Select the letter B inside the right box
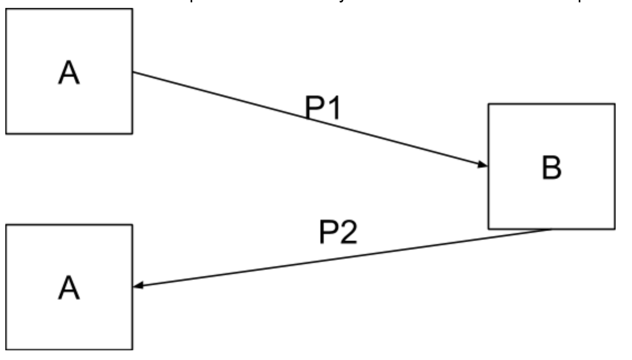[x=551, y=167]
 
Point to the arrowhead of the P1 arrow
[x=483, y=165]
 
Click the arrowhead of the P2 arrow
[x=137, y=286]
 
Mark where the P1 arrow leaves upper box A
[x=133, y=72]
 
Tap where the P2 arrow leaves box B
[x=551, y=229]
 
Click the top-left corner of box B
[x=489, y=104]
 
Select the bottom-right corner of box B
[x=614, y=229]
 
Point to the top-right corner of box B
[x=614, y=104]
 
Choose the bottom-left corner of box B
[x=489, y=229]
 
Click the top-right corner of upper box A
[x=132, y=9]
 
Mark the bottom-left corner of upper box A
[x=6, y=134]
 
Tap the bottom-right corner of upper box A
[x=132, y=134]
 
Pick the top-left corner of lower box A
[x=6, y=224]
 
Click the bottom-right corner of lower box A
[x=132, y=349]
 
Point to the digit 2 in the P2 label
[x=348, y=233]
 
